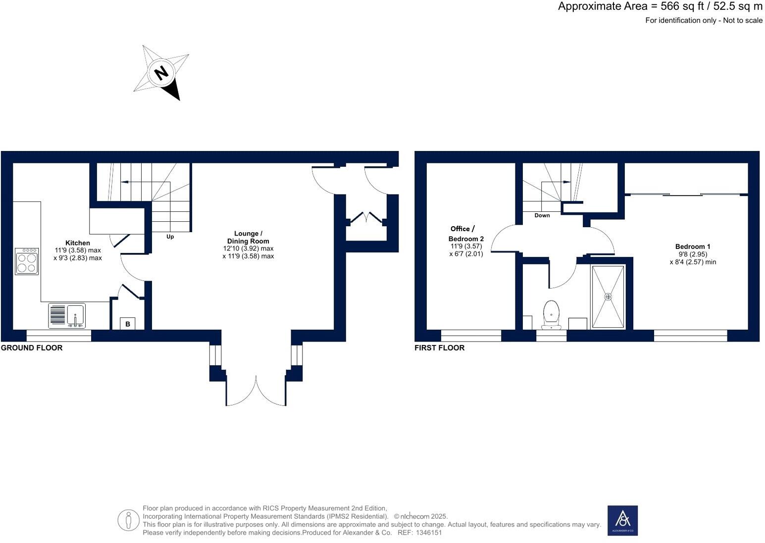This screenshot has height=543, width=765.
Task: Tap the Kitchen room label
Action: [x=78, y=243]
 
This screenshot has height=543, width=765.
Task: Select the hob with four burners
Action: [x=26, y=261]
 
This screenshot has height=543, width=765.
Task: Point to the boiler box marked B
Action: [x=128, y=324]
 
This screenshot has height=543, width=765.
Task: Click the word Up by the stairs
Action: [x=170, y=237]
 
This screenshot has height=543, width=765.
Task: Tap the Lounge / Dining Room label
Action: [x=248, y=237]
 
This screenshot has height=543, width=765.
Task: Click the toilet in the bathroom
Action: [x=551, y=314]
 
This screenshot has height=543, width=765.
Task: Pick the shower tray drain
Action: [x=608, y=296]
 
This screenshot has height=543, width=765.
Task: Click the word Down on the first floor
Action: [x=542, y=215]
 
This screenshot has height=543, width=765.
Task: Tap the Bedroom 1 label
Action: [x=692, y=247]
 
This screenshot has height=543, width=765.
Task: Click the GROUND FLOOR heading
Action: [x=32, y=347]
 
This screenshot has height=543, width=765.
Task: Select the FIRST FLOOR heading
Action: [x=439, y=347]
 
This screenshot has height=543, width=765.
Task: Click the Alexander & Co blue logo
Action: [x=622, y=520]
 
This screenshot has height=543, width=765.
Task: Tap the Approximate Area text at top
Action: [x=660, y=6]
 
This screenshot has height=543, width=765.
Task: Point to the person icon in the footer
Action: [x=128, y=520]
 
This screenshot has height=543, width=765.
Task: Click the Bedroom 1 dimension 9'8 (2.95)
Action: [x=692, y=254]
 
